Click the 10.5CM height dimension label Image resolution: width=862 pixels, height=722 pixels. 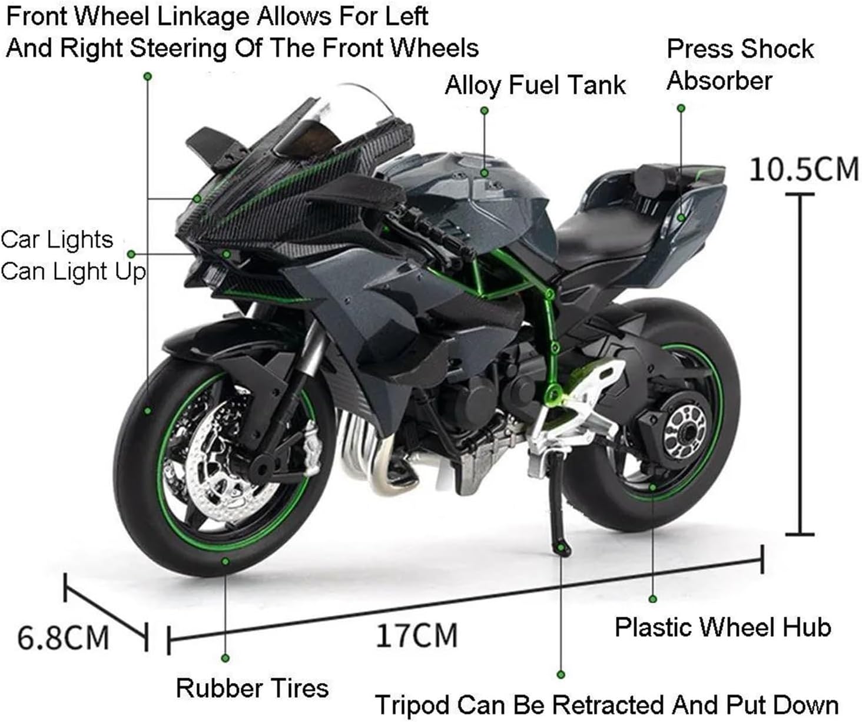coord(804,169)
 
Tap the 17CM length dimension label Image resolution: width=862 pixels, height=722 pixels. coord(417,635)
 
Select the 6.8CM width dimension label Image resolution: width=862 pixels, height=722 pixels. coord(63,638)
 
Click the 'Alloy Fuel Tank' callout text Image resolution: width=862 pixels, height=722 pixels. coord(535,85)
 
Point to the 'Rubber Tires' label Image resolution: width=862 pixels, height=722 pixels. coord(252,688)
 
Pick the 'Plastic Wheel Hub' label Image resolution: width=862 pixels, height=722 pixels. coord(723,627)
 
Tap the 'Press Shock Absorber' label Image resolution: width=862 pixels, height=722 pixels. coord(740,64)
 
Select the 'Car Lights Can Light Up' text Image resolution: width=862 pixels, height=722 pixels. coord(73,256)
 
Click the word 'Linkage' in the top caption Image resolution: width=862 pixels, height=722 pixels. coord(202,17)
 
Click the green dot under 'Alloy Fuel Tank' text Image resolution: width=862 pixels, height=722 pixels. coord(485,111)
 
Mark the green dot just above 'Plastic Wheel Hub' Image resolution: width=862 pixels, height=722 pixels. coord(653,599)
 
